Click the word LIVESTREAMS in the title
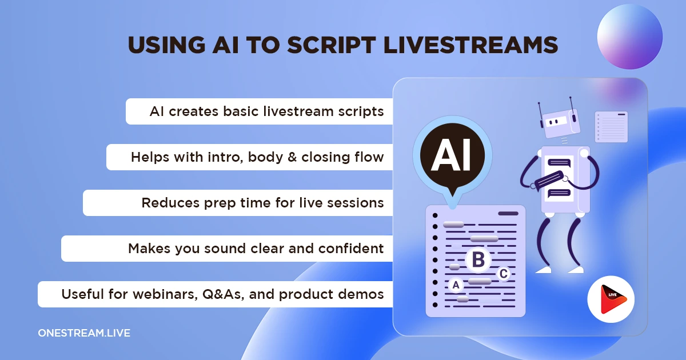tap(470, 45)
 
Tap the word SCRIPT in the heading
tap(332, 45)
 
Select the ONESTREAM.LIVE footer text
tap(84, 333)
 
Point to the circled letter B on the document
tap(478, 259)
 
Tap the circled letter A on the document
tap(456, 285)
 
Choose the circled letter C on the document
tap(504, 274)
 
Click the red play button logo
tap(611, 299)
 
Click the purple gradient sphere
tap(629, 37)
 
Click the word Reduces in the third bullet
tap(170, 203)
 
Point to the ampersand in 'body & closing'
tap(292, 157)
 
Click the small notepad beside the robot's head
tap(611, 127)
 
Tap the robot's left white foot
tap(543, 270)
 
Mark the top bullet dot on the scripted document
tap(435, 215)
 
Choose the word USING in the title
tap(166, 45)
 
